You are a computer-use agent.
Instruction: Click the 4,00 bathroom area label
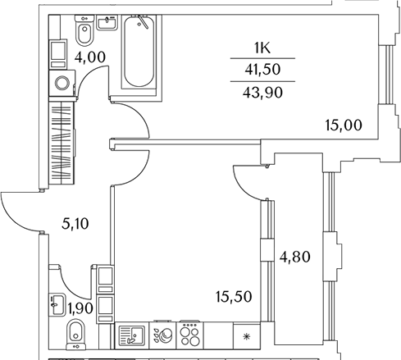pyautogui.click(x=90, y=57)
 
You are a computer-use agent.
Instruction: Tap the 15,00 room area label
pyautogui.click(x=344, y=125)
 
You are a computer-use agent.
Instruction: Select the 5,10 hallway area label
pyautogui.click(x=75, y=224)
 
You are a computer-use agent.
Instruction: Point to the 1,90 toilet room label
pyautogui.click(x=80, y=308)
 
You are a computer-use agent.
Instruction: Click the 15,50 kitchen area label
pyautogui.click(x=234, y=297)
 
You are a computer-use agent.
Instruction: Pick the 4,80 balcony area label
pyautogui.click(x=294, y=257)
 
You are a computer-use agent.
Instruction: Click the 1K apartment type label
pyautogui.click(x=262, y=48)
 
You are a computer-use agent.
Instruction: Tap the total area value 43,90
pyautogui.click(x=262, y=93)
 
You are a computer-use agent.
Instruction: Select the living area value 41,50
pyautogui.click(x=262, y=70)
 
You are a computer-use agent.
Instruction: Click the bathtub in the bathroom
pyautogui.click(x=139, y=52)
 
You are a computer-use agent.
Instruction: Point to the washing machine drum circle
pyautogui.click(x=62, y=83)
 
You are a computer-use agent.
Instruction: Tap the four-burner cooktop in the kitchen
pyautogui.click(x=190, y=335)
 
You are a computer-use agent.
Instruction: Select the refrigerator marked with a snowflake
pyautogui.click(x=247, y=335)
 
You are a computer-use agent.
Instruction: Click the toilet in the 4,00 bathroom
pyautogui.click(x=84, y=30)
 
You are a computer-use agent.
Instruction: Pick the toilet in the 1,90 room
pyautogui.click(x=76, y=335)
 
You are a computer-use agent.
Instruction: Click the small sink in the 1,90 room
pyautogui.click(x=57, y=305)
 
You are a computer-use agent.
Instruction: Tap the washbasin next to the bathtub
pyautogui.click(x=107, y=22)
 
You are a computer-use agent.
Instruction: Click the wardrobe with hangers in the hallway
pyautogui.click(x=62, y=143)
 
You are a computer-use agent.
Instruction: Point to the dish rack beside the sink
pyautogui.click(x=163, y=335)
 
